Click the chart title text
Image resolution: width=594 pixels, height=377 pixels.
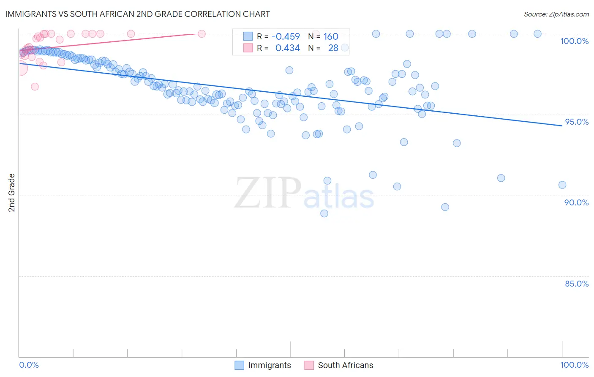tap(137, 14)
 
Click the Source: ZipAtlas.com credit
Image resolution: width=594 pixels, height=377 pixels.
tap(556, 14)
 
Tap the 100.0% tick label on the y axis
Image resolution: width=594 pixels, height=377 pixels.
tap(574, 41)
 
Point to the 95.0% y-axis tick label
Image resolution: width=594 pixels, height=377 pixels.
tap(577, 122)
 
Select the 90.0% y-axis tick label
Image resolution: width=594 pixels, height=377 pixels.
tap(577, 202)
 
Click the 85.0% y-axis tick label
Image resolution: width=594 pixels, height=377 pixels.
tap(577, 284)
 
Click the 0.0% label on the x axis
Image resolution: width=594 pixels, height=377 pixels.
tap(29, 365)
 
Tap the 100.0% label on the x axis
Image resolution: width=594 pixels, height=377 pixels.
tap(574, 365)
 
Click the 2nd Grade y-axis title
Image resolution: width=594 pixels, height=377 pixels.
tap(12, 193)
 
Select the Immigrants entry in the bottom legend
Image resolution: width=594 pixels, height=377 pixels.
tap(269, 365)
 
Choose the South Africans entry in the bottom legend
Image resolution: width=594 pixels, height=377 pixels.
tap(345, 365)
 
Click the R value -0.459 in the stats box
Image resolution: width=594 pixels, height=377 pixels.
tap(286, 37)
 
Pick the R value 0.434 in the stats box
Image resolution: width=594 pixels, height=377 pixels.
tap(287, 48)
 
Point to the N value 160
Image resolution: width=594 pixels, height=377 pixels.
tap(331, 37)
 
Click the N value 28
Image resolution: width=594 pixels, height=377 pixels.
tap(333, 48)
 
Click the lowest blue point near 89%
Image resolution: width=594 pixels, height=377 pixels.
tap(324, 213)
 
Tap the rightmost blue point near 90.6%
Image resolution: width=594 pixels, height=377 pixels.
tap(562, 185)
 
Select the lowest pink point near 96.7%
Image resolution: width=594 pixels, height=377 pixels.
tap(35, 87)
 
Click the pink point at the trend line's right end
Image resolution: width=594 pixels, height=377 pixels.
tap(202, 34)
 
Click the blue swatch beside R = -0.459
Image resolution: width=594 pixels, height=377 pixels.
tap(248, 37)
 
